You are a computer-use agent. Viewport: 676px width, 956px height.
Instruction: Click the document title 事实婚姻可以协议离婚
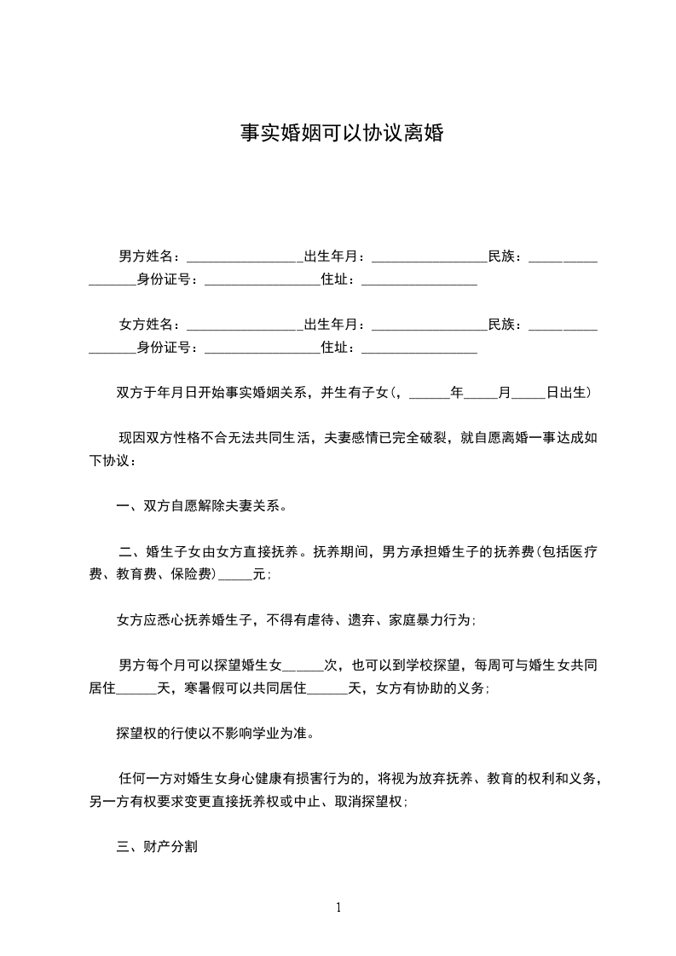pyautogui.click(x=340, y=134)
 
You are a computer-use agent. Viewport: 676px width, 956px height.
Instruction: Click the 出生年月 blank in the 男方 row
pyautogui.click(x=428, y=256)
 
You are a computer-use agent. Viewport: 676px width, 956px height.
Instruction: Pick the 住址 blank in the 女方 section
pyautogui.click(x=419, y=348)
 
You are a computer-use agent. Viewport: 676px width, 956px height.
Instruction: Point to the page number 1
pyautogui.click(x=338, y=907)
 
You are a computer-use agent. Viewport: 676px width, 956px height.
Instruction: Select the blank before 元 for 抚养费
pyautogui.click(x=235, y=575)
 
